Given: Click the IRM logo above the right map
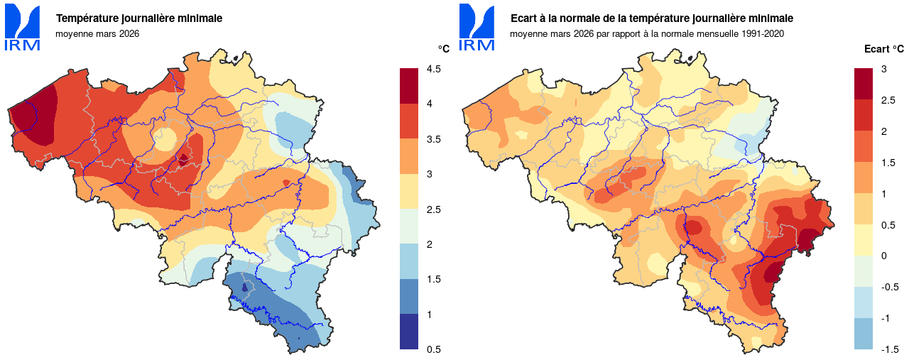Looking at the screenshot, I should click(x=477, y=28).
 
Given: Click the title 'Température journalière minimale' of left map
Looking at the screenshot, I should click(x=139, y=18).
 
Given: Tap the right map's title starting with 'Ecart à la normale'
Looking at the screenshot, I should click(x=651, y=18).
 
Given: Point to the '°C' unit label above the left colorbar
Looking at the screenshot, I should click(x=444, y=49).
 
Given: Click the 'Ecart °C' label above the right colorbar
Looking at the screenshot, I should click(x=883, y=49).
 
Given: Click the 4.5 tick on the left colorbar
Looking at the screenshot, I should click(x=433, y=69).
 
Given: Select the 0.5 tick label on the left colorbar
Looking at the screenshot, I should click(x=433, y=349).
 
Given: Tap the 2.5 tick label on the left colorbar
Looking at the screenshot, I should click(x=433, y=209).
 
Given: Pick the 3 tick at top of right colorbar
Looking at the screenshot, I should click(x=883, y=69).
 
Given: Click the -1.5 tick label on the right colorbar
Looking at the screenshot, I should click(x=890, y=349).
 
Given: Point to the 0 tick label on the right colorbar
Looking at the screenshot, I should click(x=883, y=256).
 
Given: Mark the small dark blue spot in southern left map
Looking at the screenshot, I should click(x=244, y=288).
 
